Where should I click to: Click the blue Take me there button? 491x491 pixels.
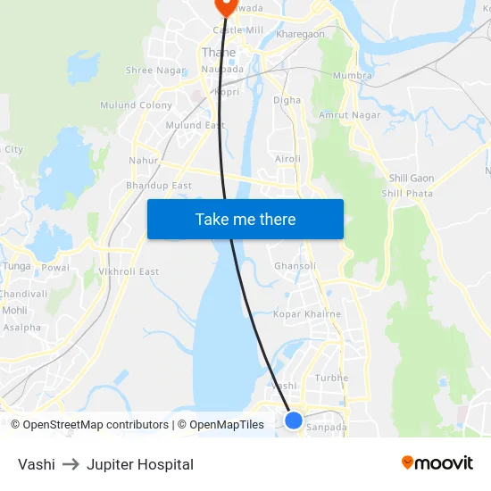click(245, 219)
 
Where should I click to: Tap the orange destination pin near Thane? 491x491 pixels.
click(224, 5)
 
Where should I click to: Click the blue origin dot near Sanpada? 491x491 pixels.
click(294, 419)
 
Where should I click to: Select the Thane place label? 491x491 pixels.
click(219, 53)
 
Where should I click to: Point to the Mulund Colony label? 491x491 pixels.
click(137, 105)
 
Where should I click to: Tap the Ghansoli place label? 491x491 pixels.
click(295, 266)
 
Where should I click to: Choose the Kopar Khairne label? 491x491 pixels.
click(307, 314)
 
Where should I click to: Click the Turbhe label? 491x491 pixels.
click(331, 378)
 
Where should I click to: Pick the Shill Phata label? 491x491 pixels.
click(407, 193)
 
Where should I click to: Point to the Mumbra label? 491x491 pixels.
click(352, 76)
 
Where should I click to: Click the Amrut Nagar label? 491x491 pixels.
click(350, 115)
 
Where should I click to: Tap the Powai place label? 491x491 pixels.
click(55, 267)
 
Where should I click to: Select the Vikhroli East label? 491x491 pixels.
click(129, 271)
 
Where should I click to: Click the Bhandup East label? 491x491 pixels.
click(159, 186)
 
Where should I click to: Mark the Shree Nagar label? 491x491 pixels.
click(155, 70)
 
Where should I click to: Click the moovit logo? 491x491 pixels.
click(437, 463)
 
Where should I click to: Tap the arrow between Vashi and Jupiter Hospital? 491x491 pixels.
click(71, 464)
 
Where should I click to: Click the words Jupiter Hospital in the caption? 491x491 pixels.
click(140, 464)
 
